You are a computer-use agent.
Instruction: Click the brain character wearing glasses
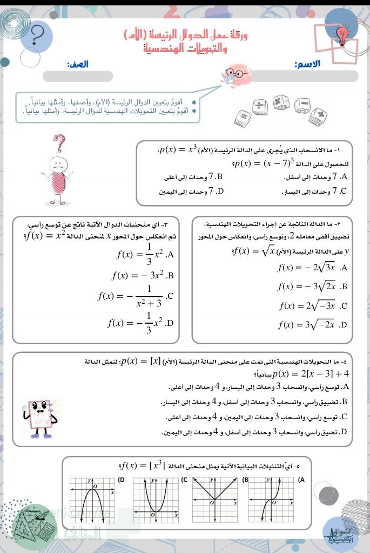237,76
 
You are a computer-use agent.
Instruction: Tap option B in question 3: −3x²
143,276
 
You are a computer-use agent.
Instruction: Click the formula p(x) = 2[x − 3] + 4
311,373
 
